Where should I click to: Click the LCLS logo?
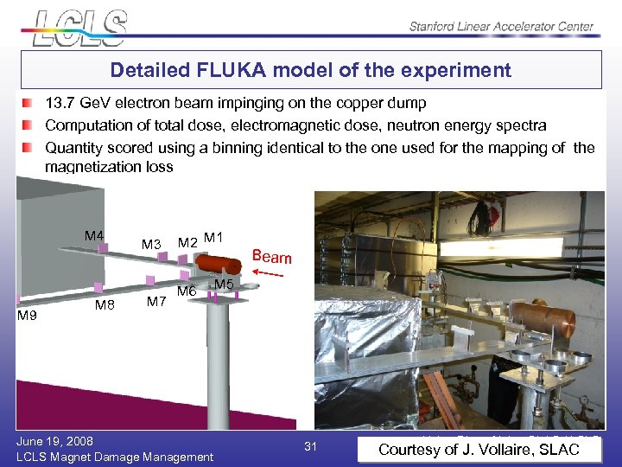point(80,27)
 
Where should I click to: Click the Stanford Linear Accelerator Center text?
point(501,27)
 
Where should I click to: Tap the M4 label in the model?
point(94,236)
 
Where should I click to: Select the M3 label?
point(151,245)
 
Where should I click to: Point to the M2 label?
point(187,242)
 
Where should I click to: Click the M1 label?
point(214,237)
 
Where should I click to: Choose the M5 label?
point(224,285)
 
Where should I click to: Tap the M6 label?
point(187,291)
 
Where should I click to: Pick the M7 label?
point(156,302)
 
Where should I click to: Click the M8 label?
point(105,304)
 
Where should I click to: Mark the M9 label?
point(28,316)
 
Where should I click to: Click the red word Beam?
point(271,257)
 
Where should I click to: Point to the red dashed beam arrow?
point(271,273)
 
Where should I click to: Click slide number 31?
point(311,446)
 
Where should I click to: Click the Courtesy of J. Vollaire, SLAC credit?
point(479,449)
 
